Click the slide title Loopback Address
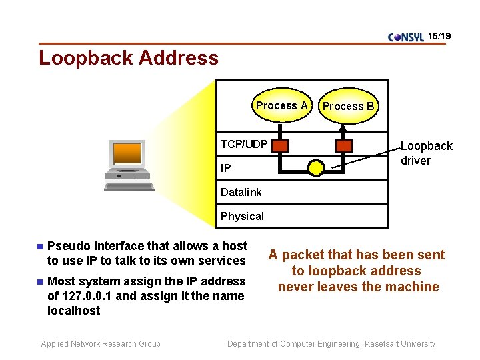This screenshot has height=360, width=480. pyautogui.click(x=128, y=58)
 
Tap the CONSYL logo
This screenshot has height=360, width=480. pyautogui.click(x=405, y=37)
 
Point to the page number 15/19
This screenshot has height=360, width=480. pyautogui.click(x=439, y=35)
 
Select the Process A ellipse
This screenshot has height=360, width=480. pyautogui.click(x=282, y=105)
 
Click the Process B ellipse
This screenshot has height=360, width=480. pyautogui.click(x=348, y=106)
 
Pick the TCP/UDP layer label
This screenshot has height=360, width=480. pyautogui.click(x=244, y=144)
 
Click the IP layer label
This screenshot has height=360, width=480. pyautogui.click(x=226, y=168)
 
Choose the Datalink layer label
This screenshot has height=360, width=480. pyautogui.click(x=241, y=192)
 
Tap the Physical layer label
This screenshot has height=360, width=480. pyautogui.click(x=242, y=216)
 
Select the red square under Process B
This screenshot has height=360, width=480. pyautogui.click(x=344, y=145)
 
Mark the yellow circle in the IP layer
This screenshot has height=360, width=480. pyautogui.click(x=316, y=168)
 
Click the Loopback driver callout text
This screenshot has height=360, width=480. pyautogui.click(x=426, y=153)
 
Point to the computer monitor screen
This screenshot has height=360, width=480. pyautogui.click(x=127, y=153)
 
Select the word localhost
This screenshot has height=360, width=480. pyautogui.click(x=73, y=311)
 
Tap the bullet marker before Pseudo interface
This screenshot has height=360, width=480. pyautogui.click(x=39, y=247)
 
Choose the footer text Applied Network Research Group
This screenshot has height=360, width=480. pyautogui.click(x=101, y=344)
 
